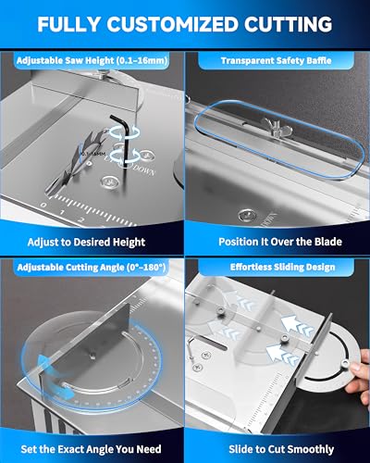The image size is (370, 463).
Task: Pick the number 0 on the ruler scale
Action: (x=43, y=209)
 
